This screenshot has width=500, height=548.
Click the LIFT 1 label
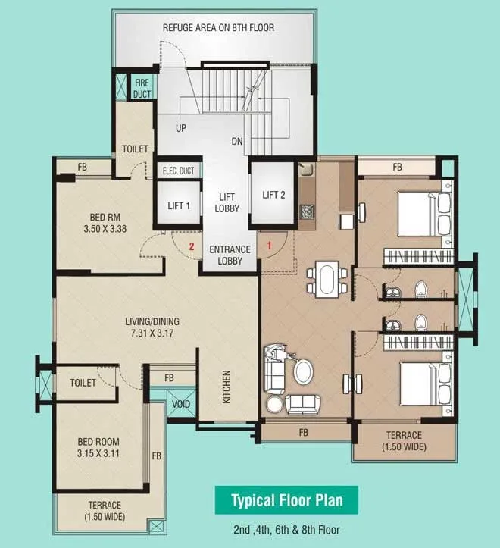point(179,205)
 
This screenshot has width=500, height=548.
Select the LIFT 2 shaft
point(273,196)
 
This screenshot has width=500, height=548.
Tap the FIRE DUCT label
point(142,88)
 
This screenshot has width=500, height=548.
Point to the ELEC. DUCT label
point(179,171)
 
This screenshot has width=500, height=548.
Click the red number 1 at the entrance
point(268,246)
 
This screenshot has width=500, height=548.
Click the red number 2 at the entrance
point(192,246)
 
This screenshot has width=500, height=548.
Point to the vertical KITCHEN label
point(227,387)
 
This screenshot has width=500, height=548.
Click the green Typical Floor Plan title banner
point(287,500)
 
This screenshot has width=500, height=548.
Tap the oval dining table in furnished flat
point(327,278)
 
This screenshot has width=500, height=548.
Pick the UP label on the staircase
point(180,128)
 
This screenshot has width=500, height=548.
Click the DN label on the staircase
point(237,142)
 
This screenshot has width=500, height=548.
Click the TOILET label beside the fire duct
point(135,149)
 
